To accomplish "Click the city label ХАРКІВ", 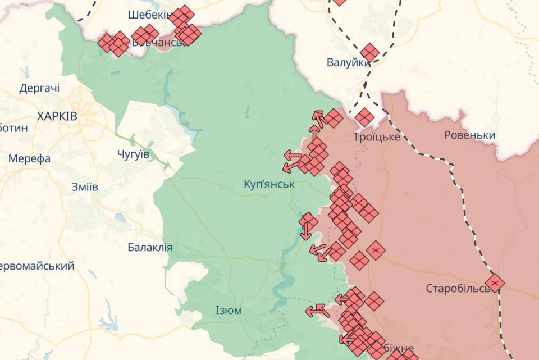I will tap(57, 116).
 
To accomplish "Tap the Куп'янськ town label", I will tap(269, 184).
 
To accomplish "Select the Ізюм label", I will tap(229, 311).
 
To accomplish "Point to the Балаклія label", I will tap(150, 247).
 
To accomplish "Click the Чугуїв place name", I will tap(134, 154).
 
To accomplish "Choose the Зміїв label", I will tap(85, 187).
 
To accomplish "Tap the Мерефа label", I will tap(29, 158).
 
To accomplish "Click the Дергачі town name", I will tap(39, 88).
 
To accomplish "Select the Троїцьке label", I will tap(377, 136).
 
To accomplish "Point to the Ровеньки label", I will tap(469, 135).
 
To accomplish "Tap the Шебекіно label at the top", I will tap(149, 15).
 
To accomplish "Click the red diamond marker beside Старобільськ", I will tap(495, 282).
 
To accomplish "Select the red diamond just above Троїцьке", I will tap(364, 117).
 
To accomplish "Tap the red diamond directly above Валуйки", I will tap(369, 53).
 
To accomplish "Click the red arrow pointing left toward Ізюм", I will tap(314, 310).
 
